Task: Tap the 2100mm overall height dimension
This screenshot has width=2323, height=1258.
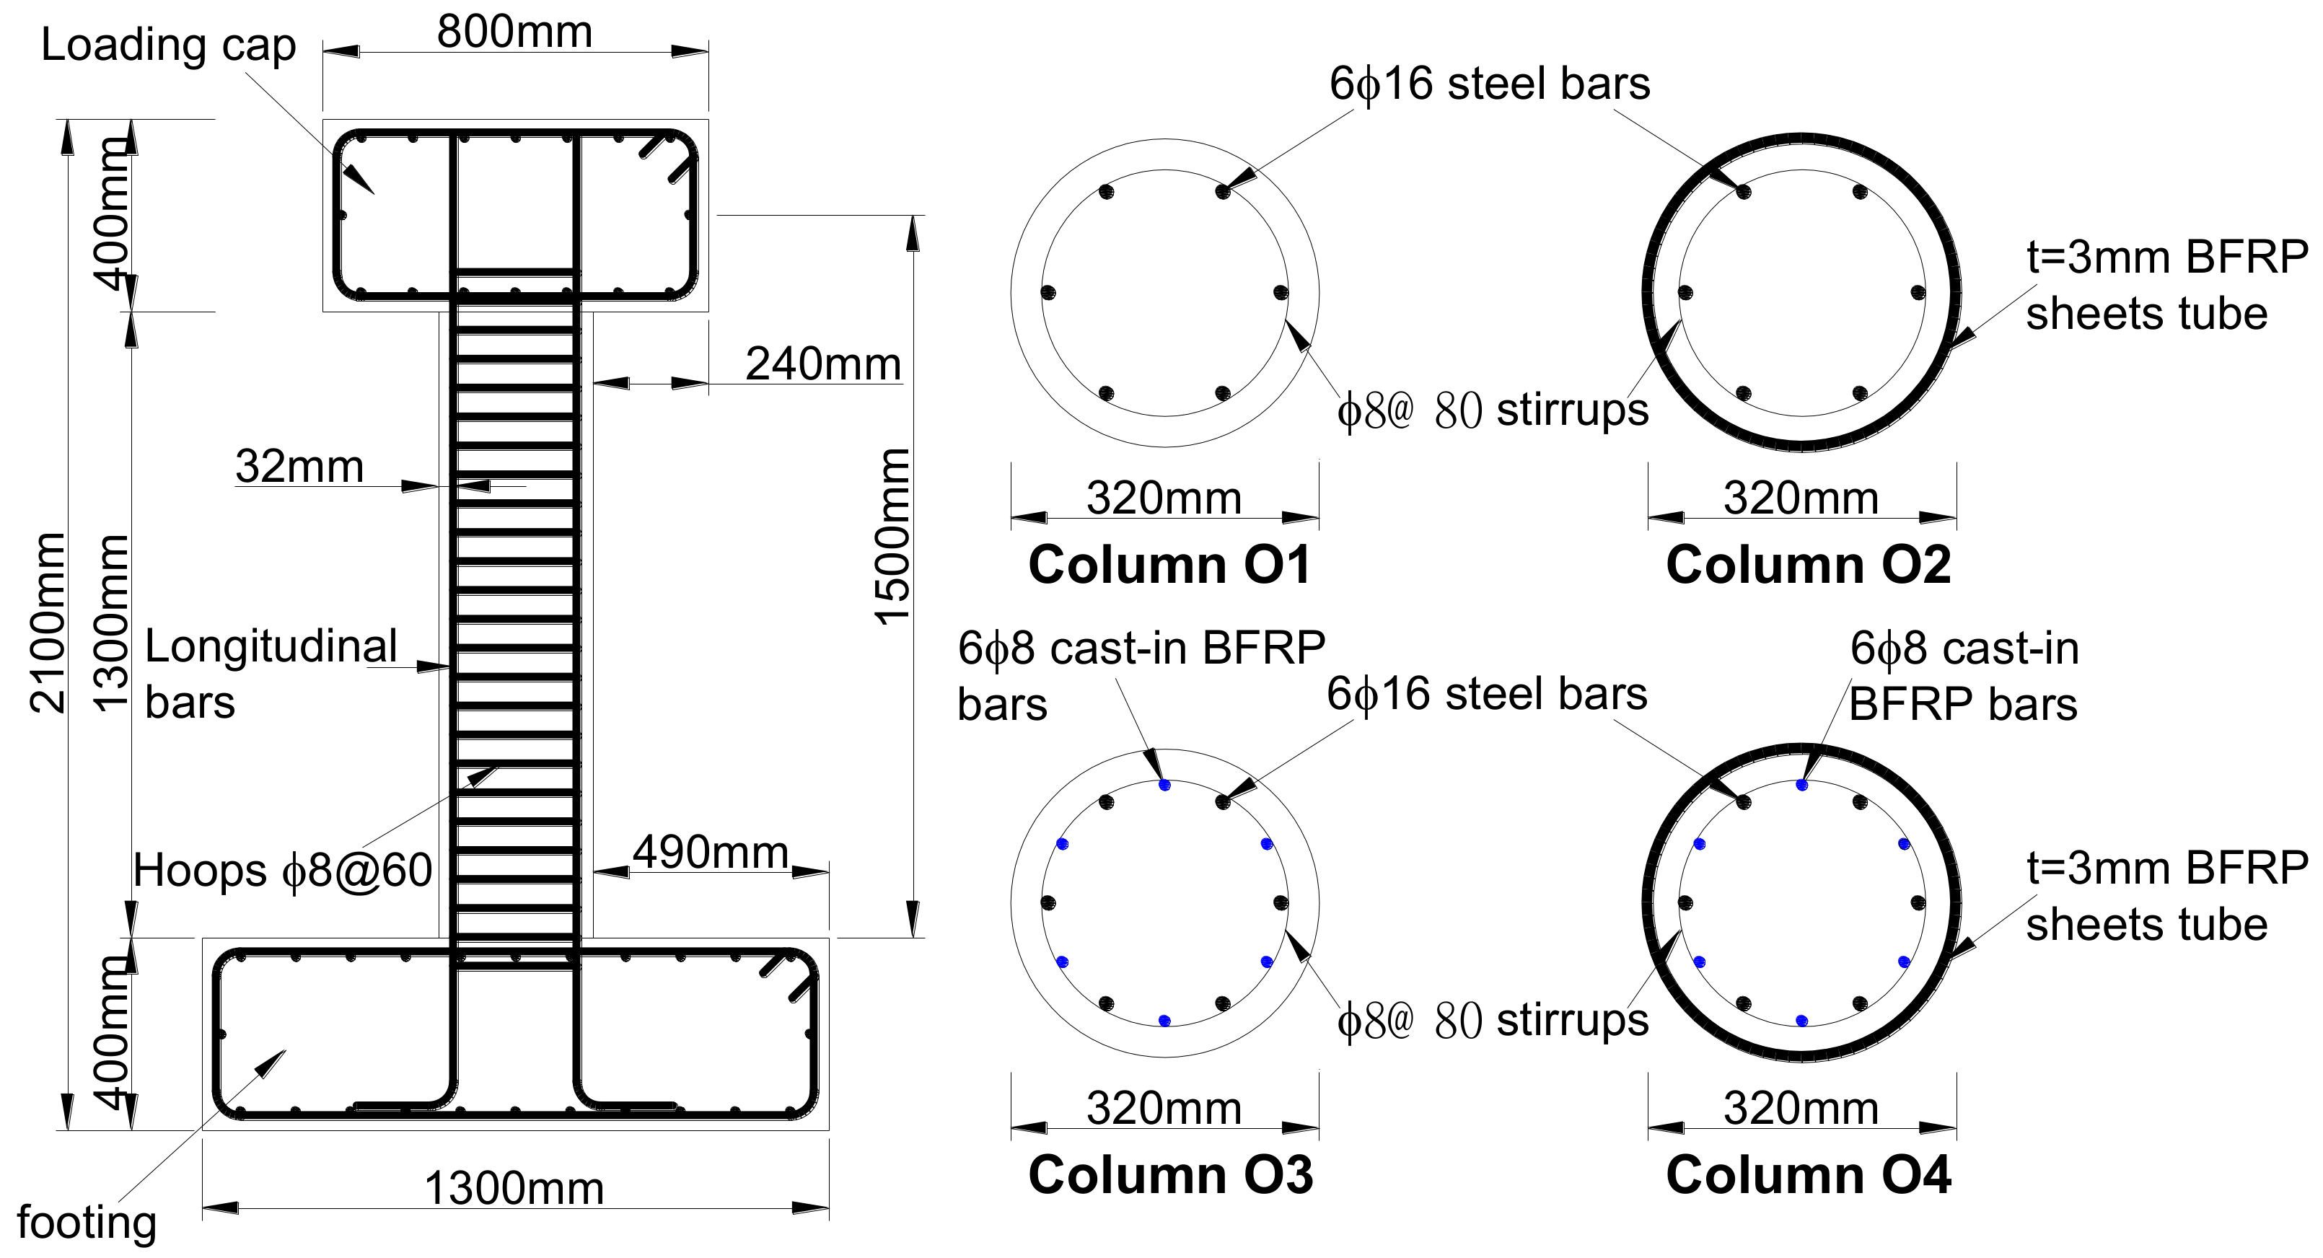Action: [x=47, y=623]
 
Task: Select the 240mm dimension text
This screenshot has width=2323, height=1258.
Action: [x=822, y=364]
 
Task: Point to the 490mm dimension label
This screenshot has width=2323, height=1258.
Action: [x=710, y=852]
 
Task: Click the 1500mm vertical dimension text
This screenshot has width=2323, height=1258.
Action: [x=893, y=537]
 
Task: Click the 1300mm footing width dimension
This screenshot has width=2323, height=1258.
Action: [x=514, y=1189]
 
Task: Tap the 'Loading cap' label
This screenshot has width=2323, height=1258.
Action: [x=169, y=45]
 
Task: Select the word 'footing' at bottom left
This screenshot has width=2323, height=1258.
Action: [x=87, y=1223]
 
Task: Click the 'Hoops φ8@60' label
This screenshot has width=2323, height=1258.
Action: [x=282, y=871]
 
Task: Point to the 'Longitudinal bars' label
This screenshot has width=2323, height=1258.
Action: [x=271, y=674]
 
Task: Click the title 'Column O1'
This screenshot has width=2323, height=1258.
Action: [x=1169, y=566]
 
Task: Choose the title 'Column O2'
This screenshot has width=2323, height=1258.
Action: [x=1808, y=566]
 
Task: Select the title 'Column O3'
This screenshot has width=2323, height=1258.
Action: [x=1170, y=1175]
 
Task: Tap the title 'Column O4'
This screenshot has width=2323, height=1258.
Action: [x=1808, y=1175]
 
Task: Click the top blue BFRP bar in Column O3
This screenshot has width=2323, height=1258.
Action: [x=1164, y=786]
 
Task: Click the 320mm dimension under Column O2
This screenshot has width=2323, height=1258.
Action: [x=1801, y=498]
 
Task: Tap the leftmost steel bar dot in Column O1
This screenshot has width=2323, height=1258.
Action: [x=1048, y=292]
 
